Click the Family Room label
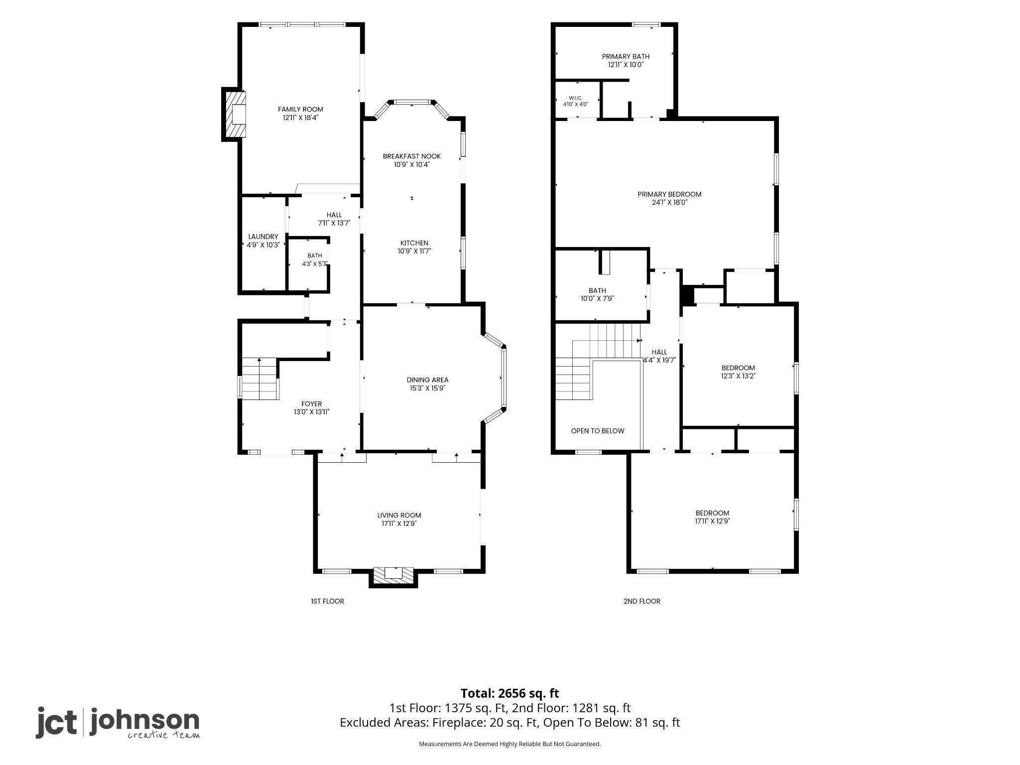point(300,109)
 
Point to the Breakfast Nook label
point(411,156)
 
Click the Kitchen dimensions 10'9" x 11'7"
point(414,252)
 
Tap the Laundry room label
point(263,237)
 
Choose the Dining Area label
point(427,380)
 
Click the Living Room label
point(399,515)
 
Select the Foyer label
point(311,404)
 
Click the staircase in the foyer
point(259,378)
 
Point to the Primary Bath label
point(626,56)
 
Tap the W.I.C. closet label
point(575,98)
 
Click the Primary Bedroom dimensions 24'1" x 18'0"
point(669,203)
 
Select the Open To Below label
point(598,431)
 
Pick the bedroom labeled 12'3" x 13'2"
point(738,372)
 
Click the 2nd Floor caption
point(642,601)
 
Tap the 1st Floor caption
point(327,601)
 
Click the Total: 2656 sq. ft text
point(510,693)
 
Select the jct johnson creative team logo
point(118,723)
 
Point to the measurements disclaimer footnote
point(510,744)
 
